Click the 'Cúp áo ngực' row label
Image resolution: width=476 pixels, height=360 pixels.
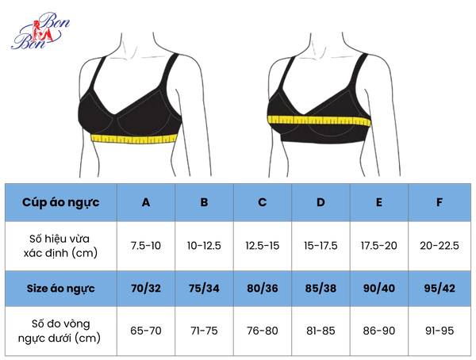tap(61, 202)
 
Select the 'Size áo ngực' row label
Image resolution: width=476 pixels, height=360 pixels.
tap(61, 289)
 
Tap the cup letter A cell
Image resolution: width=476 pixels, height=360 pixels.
tap(146, 202)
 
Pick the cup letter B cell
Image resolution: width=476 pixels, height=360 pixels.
tap(204, 202)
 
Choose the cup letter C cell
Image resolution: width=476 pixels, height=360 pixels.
tap(263, 202)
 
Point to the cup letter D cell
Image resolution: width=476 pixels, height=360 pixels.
tap(321, 202)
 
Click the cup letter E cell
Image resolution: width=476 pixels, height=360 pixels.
tap(379, 202)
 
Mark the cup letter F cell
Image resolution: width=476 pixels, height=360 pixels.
tap(440, 202)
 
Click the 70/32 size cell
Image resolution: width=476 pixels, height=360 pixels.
tap(146, 289)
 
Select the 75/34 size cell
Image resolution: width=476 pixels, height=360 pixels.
tap(204, 289)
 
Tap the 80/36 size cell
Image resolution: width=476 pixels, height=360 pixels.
tap(263, 289)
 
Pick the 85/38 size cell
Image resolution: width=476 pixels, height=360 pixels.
tap(321, 289)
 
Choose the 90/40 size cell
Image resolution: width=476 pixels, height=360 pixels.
tap(379, 289)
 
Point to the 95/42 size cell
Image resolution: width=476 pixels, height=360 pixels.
tap(440, 289)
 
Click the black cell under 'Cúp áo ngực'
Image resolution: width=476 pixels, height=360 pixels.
tap(61, 246)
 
